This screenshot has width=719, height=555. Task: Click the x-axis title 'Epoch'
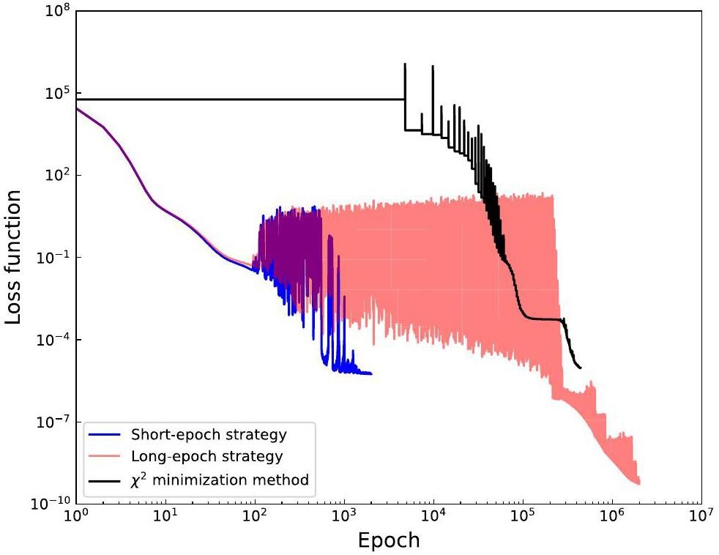point(388,540)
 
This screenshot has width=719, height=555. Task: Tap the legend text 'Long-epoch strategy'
point(207,457)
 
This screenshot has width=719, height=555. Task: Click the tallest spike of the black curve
point(405,64)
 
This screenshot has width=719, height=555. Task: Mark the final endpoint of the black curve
point(581,368)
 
